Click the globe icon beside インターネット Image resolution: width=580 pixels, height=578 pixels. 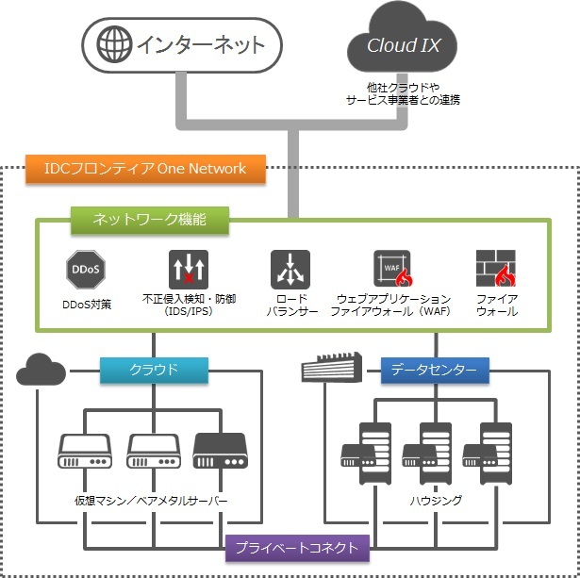coord(114,44)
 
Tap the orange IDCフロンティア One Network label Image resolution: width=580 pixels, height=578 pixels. coord(145,169)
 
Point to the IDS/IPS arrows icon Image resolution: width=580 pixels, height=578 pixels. coord(188,270)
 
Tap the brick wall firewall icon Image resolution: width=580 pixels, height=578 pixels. coord(495,270)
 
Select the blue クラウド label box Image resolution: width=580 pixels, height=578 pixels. coord(153,370)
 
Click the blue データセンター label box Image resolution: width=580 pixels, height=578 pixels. coord(435,370)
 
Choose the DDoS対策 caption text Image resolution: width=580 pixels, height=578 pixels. coord(86,305)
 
